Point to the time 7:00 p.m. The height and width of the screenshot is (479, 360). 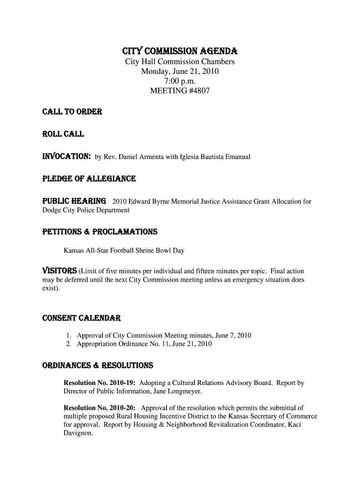[x=180, y=81]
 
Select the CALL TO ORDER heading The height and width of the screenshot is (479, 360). [x=65, y=112]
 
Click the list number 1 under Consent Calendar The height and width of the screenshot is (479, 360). [x=68, y=336]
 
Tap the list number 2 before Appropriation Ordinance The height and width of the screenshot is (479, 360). [x=68, y=344]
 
